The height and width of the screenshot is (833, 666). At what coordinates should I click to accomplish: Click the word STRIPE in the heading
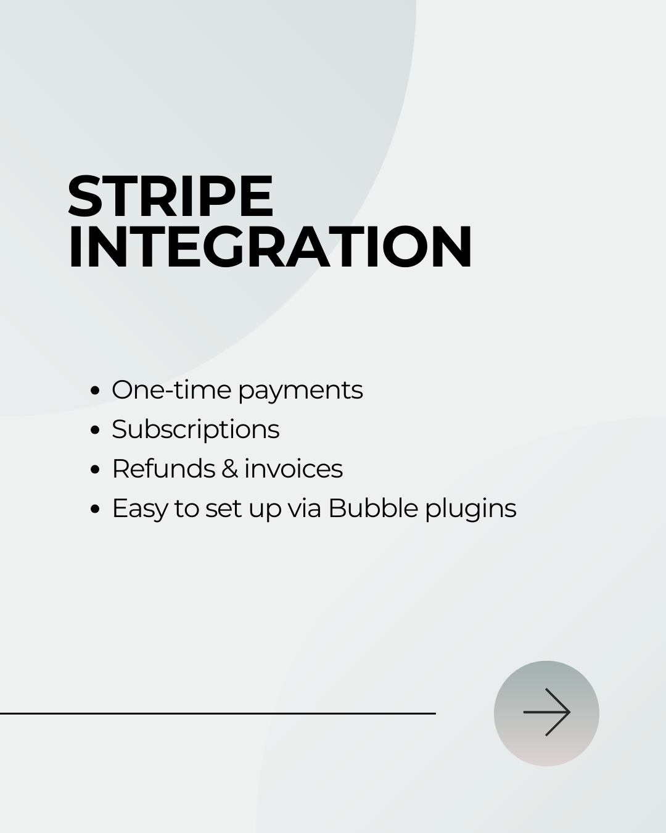[171, 196]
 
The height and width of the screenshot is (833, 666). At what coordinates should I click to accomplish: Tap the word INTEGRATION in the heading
[269, 246]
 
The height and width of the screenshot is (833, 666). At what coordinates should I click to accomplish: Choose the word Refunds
[163, 468]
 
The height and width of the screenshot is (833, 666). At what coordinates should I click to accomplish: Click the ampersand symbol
[229, 469]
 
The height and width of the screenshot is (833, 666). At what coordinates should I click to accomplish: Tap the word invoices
[294, 468]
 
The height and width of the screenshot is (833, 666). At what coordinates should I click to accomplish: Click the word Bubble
[373, 508]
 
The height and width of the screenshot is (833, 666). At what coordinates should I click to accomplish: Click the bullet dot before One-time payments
[95, 390]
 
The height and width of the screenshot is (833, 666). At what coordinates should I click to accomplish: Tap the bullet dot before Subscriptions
[95, 429]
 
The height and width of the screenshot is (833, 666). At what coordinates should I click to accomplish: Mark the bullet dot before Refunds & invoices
[95, 469]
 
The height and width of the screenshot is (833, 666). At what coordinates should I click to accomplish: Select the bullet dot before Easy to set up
[95, 508]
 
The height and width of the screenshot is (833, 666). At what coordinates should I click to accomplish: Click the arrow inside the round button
[547, 712]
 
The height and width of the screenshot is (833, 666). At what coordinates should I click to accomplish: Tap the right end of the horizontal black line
[436, 713]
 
